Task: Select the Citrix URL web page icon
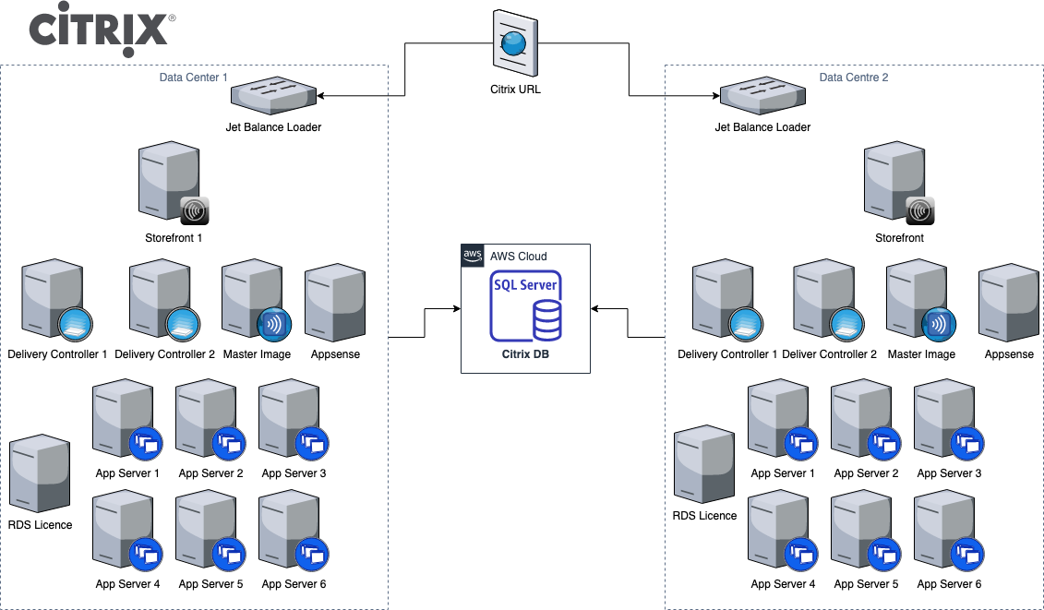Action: (515, 42)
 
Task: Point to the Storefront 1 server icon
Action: (172, 183)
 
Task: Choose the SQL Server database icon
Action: (525, 306)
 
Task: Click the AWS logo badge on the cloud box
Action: (473, 256)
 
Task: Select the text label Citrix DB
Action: (525, 353)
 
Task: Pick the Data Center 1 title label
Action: (194, 78)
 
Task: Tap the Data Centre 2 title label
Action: (854, 78)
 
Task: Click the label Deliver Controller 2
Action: (829, 354)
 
